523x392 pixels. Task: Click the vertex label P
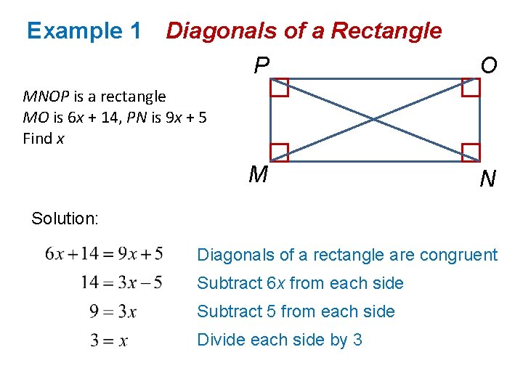pos(261,67)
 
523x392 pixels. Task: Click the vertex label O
pos(489,66)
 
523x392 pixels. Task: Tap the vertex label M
pos(258,175)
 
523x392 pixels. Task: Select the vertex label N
pos(488,179)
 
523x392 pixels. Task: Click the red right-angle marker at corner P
pos(280,87)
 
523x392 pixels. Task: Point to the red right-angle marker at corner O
pos(471,87)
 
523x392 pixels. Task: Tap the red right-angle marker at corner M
pos(280,152)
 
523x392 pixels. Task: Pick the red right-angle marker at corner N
pos(471,152)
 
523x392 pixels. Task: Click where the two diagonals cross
pos(376,120)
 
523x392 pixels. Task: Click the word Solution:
pos(65,218)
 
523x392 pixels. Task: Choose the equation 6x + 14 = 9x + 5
pos(104,254)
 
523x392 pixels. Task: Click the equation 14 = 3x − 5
pos(121,282)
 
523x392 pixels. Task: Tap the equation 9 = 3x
pos(113,311)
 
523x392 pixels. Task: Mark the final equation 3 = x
pos(109,340)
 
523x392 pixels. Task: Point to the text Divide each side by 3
pos(280,340)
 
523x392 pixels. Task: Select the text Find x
pos(44,138)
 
